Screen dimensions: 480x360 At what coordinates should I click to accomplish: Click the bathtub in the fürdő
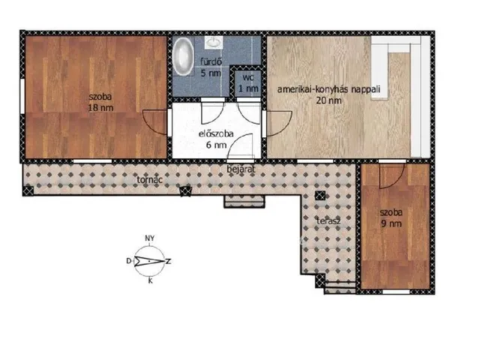(x=183, y=56)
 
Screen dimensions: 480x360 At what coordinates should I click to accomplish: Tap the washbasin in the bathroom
(x=214, y=42)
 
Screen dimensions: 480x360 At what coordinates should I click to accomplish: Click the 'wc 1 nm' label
(x=248, y=83)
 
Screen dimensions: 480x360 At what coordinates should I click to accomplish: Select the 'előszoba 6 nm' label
(x=216, y=139)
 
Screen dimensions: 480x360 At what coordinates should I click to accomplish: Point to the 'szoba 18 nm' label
(x=100, y=102)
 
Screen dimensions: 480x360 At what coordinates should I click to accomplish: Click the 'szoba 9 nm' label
(x=391, y=218)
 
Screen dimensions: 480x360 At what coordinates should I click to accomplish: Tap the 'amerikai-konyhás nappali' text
(x=328, y=89)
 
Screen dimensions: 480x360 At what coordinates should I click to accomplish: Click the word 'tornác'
(x=149, y=180)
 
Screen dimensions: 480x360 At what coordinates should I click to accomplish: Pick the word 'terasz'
(x=328, y=220)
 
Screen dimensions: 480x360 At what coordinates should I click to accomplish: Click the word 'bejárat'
(x=241, y=169)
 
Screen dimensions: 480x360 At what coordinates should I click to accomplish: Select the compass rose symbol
(x=149, y=261)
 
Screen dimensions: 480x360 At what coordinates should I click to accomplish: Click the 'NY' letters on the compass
(x=150, y=238)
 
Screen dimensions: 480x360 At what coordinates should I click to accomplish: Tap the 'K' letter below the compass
(x=150, y=280)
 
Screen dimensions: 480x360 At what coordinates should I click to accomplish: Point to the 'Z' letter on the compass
(x=168, y=262)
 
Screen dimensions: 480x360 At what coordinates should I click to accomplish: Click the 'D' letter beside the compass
(x=129, y=261)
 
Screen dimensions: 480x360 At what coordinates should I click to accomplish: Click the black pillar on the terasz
(x=320, y=195)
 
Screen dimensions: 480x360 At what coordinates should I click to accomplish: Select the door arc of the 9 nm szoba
(x=392, y=176)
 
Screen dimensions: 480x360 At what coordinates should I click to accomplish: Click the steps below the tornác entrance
(x=244, y=202)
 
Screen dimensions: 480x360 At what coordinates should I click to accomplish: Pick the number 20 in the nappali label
(x=321, y=100)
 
